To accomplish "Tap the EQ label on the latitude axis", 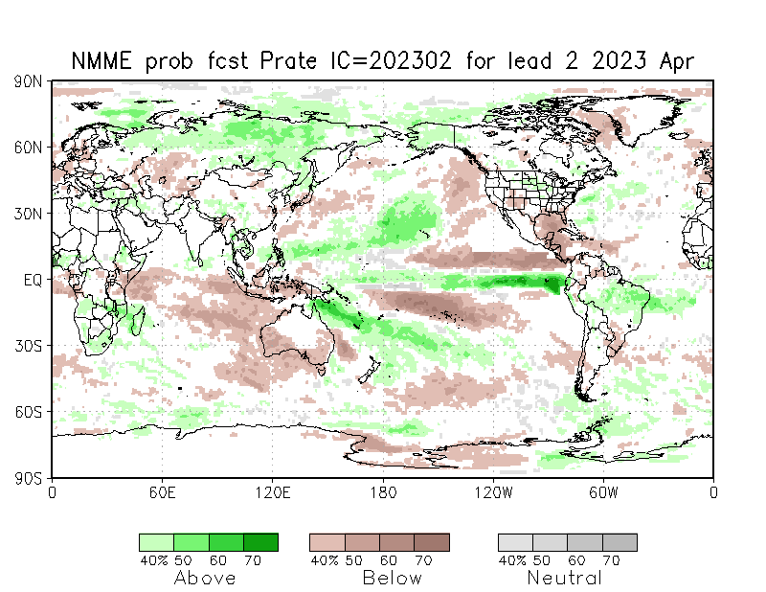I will [x=31, y=280].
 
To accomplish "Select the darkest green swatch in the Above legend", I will [x=260, y=542].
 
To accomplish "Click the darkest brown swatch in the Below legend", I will [x=432, y=542].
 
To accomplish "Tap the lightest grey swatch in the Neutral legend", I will [x=515, y=542].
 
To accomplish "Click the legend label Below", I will [x=392, y=578].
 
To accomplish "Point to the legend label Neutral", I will [x=565, y=578].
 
